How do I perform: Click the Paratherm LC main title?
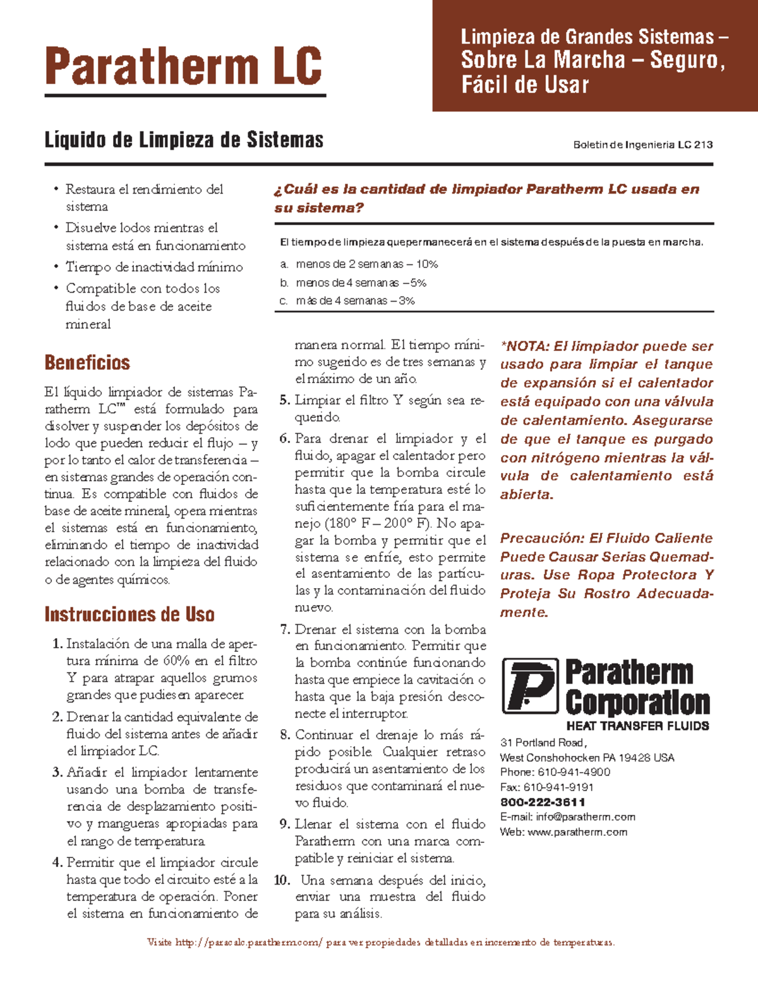[x=184, y=66]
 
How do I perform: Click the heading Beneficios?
[x=87, y=363]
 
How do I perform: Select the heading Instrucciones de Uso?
[x=129, y=615]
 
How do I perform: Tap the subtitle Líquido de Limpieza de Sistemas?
[x=184, y=140]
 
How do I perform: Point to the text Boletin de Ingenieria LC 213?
[x=642, y=145]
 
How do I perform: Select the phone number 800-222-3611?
[x=543, y=802]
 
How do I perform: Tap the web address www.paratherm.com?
[x=577, y=832]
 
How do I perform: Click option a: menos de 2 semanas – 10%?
[x=366, y=264]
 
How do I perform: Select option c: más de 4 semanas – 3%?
[x=355, y=301]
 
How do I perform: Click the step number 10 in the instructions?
[x=282, y=880]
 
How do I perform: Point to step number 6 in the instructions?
[x=285, y=439]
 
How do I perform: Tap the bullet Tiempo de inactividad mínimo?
[x=154, y=267]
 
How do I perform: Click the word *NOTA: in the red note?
[x=525, y=347]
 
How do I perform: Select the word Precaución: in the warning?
[x=542, y=538]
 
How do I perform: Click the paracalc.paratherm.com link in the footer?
[x=248, y=943]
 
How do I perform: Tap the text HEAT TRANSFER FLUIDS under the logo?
[x=637, y=726]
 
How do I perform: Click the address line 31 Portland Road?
[x=543, y=743]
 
